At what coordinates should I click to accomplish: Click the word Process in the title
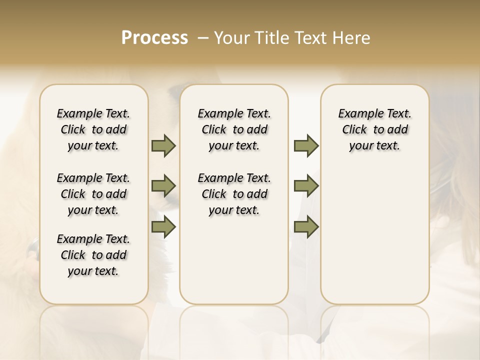coord(154,38)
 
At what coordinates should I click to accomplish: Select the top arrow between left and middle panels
coord(163,146)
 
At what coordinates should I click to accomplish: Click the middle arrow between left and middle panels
coord(163,186)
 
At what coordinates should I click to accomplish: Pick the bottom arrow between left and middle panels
coord(163,227)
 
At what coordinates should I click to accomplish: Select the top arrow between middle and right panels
coord(306,146)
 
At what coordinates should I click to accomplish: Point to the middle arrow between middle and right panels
coord(306,186)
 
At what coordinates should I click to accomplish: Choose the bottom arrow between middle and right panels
coord(306,227)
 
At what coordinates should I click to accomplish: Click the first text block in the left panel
coord(93,129)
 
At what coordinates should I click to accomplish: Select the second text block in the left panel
coord(93,194)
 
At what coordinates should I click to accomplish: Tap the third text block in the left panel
coord(93,255)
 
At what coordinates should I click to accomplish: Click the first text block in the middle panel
coord(234,129)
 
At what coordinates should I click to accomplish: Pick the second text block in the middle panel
coord(234,194)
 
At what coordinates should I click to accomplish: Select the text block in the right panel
coord(374,129)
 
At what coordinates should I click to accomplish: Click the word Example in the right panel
coord(359,114)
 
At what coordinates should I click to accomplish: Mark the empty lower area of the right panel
coord(374,235)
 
